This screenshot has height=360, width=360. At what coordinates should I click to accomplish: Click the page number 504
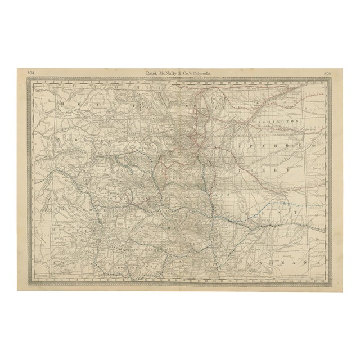click(30, 72)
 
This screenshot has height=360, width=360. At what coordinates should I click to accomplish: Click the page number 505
click(328, 72)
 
